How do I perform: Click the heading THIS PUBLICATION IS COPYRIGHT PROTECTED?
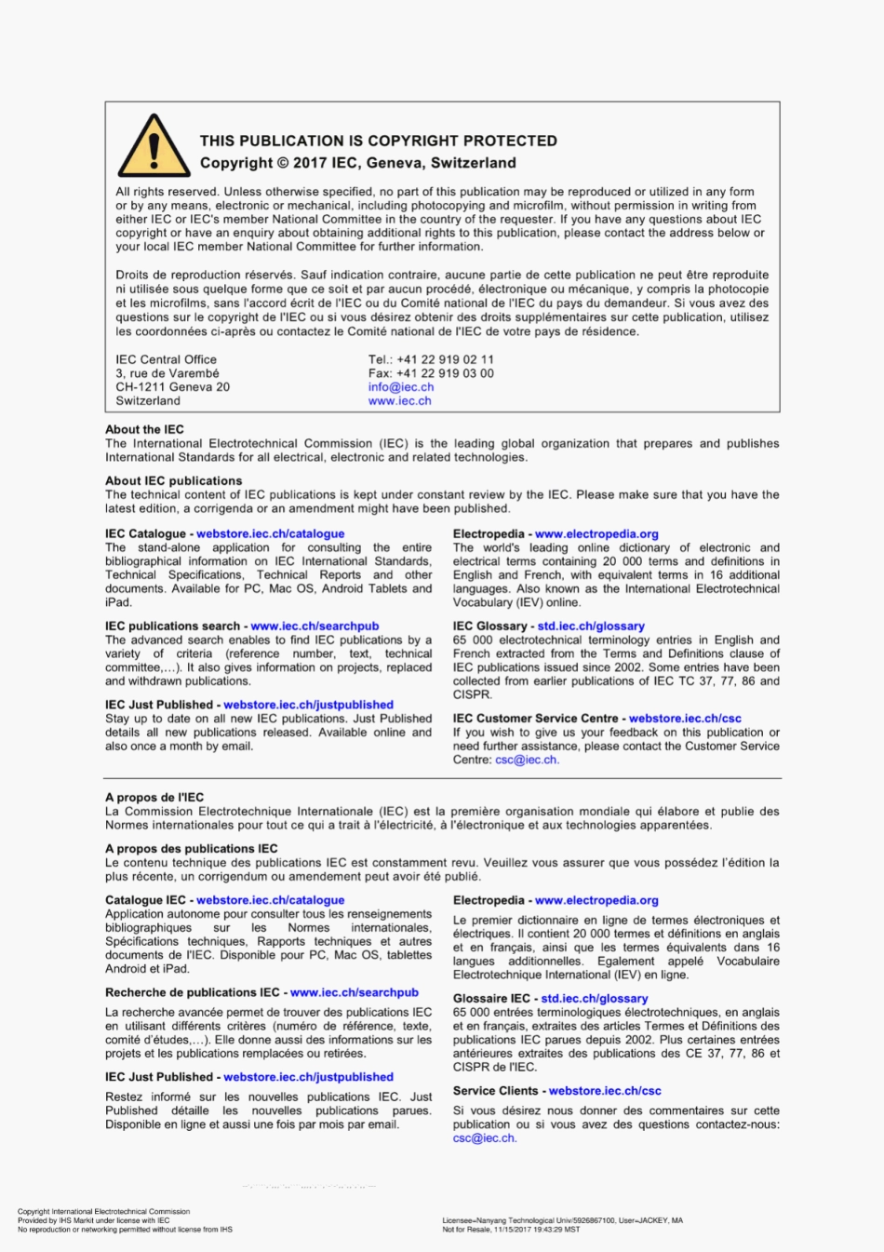tap(378, 141)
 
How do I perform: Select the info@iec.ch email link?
tap(400, 387)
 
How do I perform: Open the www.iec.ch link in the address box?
tap(399, 401)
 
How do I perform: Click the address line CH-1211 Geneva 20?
tap(172, 387)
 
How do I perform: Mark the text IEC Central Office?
tap(166, 359)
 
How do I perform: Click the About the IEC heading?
tap(144, 429)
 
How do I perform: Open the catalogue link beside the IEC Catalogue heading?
tap(270, 533)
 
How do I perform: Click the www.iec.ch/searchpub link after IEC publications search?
tap(315, 626)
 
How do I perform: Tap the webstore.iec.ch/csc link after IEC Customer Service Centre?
tap(685, 719)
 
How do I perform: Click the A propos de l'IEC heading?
tap(154, 797)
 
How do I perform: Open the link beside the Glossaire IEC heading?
tap(594, 998)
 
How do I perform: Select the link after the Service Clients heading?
tap(604, 1091)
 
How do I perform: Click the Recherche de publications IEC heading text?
tap(192, 992)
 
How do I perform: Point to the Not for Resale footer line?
tap(510, 1229)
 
